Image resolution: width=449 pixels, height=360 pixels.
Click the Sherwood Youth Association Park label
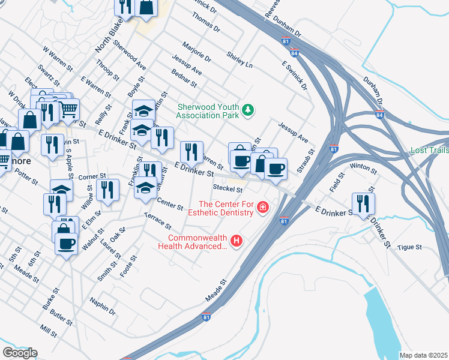point(207,110)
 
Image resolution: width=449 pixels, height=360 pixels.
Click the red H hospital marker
point(237,242)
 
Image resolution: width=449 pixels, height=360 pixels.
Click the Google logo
point(19,353)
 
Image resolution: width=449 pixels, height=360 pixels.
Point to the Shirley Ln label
point(240,59)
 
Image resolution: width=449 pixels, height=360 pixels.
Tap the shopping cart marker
point(69,108)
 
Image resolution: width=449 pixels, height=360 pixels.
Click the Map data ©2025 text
point(424,355)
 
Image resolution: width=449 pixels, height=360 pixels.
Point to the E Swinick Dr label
point(294,75)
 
